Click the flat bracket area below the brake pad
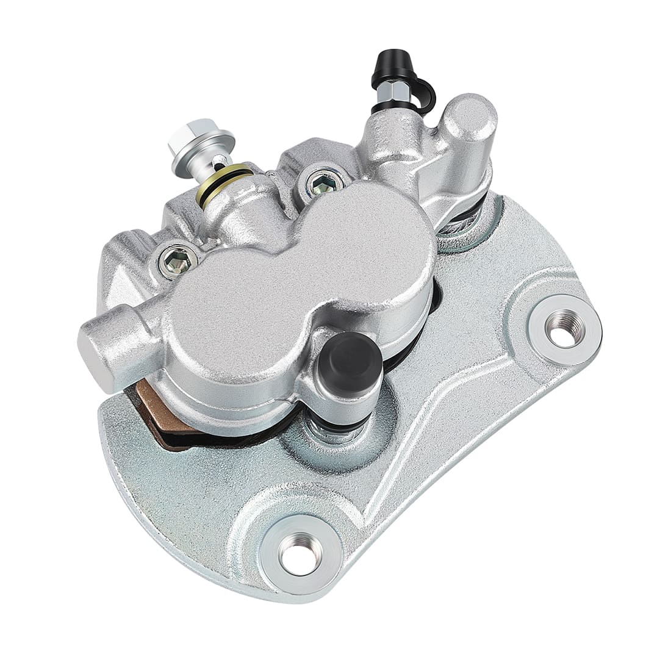183,482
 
